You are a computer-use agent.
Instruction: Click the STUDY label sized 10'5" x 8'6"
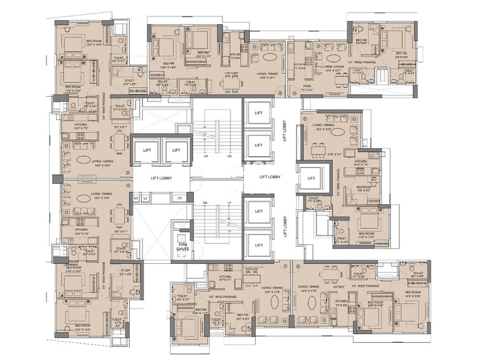coord(129,82)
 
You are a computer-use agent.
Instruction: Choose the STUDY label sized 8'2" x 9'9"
coord(125,274)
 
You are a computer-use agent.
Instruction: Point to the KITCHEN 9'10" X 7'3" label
coord(361,163)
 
